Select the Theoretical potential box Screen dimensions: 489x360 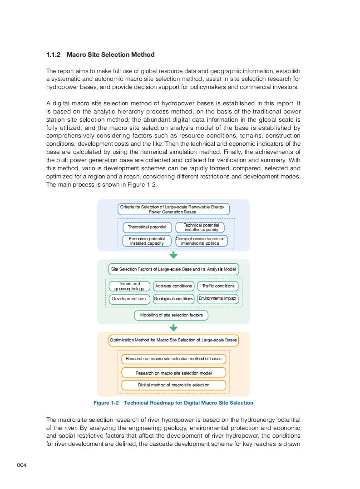coord(147,227)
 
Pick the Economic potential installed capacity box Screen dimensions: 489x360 coord(147,241)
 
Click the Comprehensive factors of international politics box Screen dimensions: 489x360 coord(200,241)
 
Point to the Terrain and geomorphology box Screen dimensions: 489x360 coord(129,286)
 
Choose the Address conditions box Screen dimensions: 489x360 coord(173,286)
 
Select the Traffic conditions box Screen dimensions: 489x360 coord(218,286)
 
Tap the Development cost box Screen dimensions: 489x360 coord(129,299)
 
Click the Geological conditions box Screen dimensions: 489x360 coord(173,299)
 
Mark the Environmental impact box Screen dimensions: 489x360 coord(218,299)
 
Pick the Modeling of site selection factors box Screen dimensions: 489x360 coord(171,315)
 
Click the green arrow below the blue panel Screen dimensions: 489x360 coord(173,255)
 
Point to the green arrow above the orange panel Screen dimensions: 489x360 coord(173,328)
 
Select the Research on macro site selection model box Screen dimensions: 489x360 coord(173,373)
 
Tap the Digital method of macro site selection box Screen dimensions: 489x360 coord(173,385)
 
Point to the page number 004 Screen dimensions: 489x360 coord(22,465)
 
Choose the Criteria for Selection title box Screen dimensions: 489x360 coord(173,209)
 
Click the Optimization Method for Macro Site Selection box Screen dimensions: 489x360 coord(173,340)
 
